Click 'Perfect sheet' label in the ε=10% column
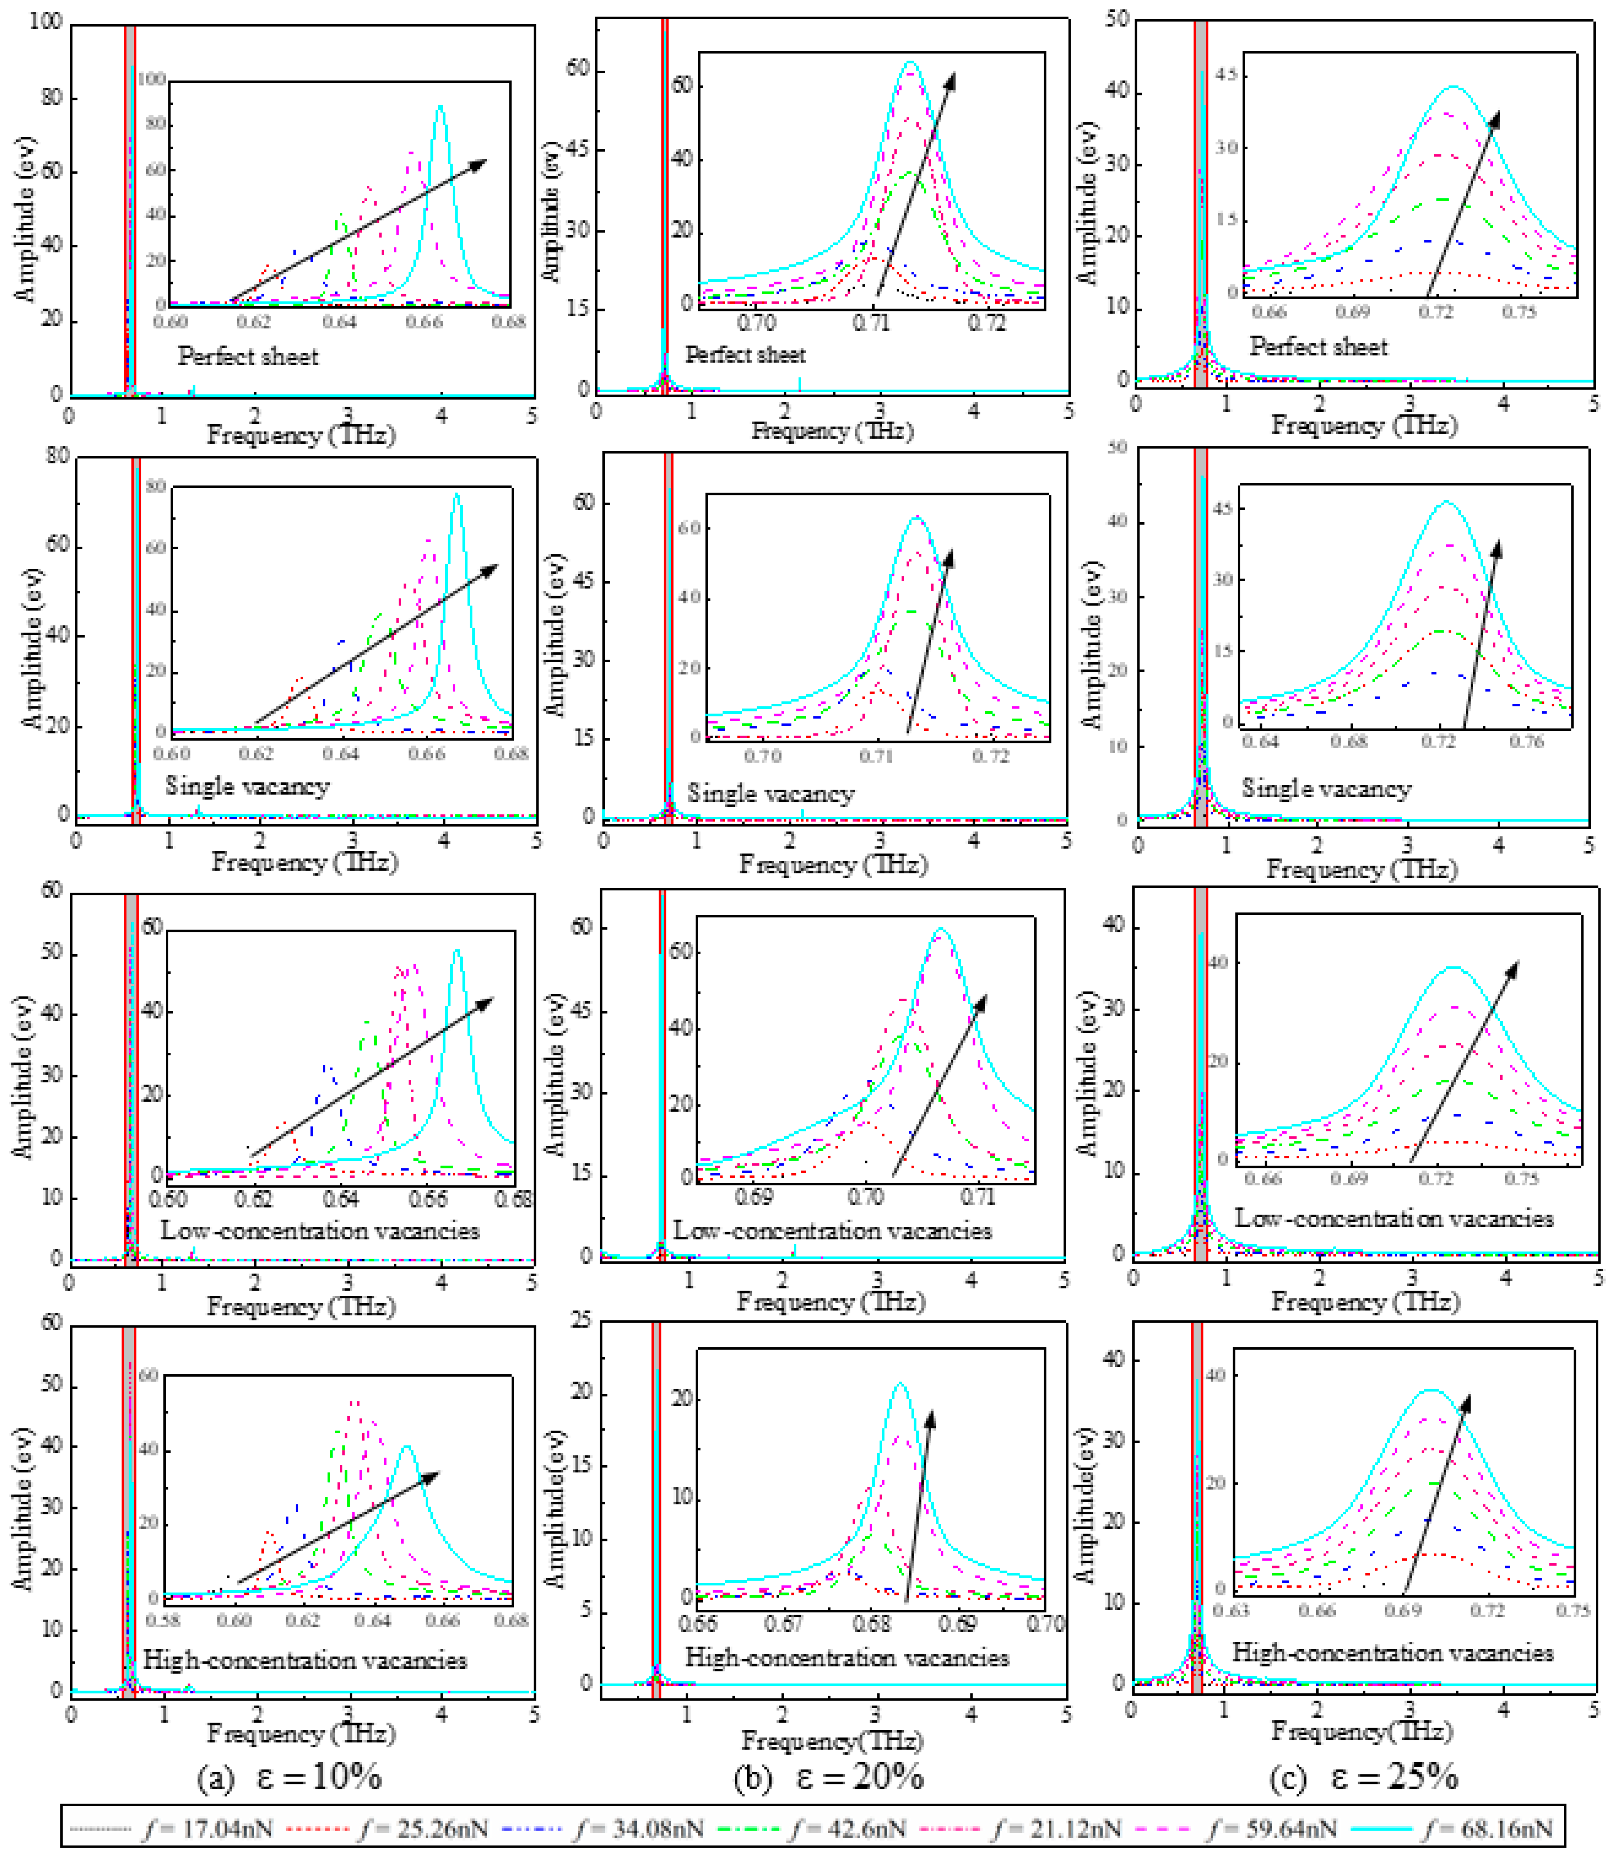click(247, 357)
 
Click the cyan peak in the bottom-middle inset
click(899, 1384)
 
